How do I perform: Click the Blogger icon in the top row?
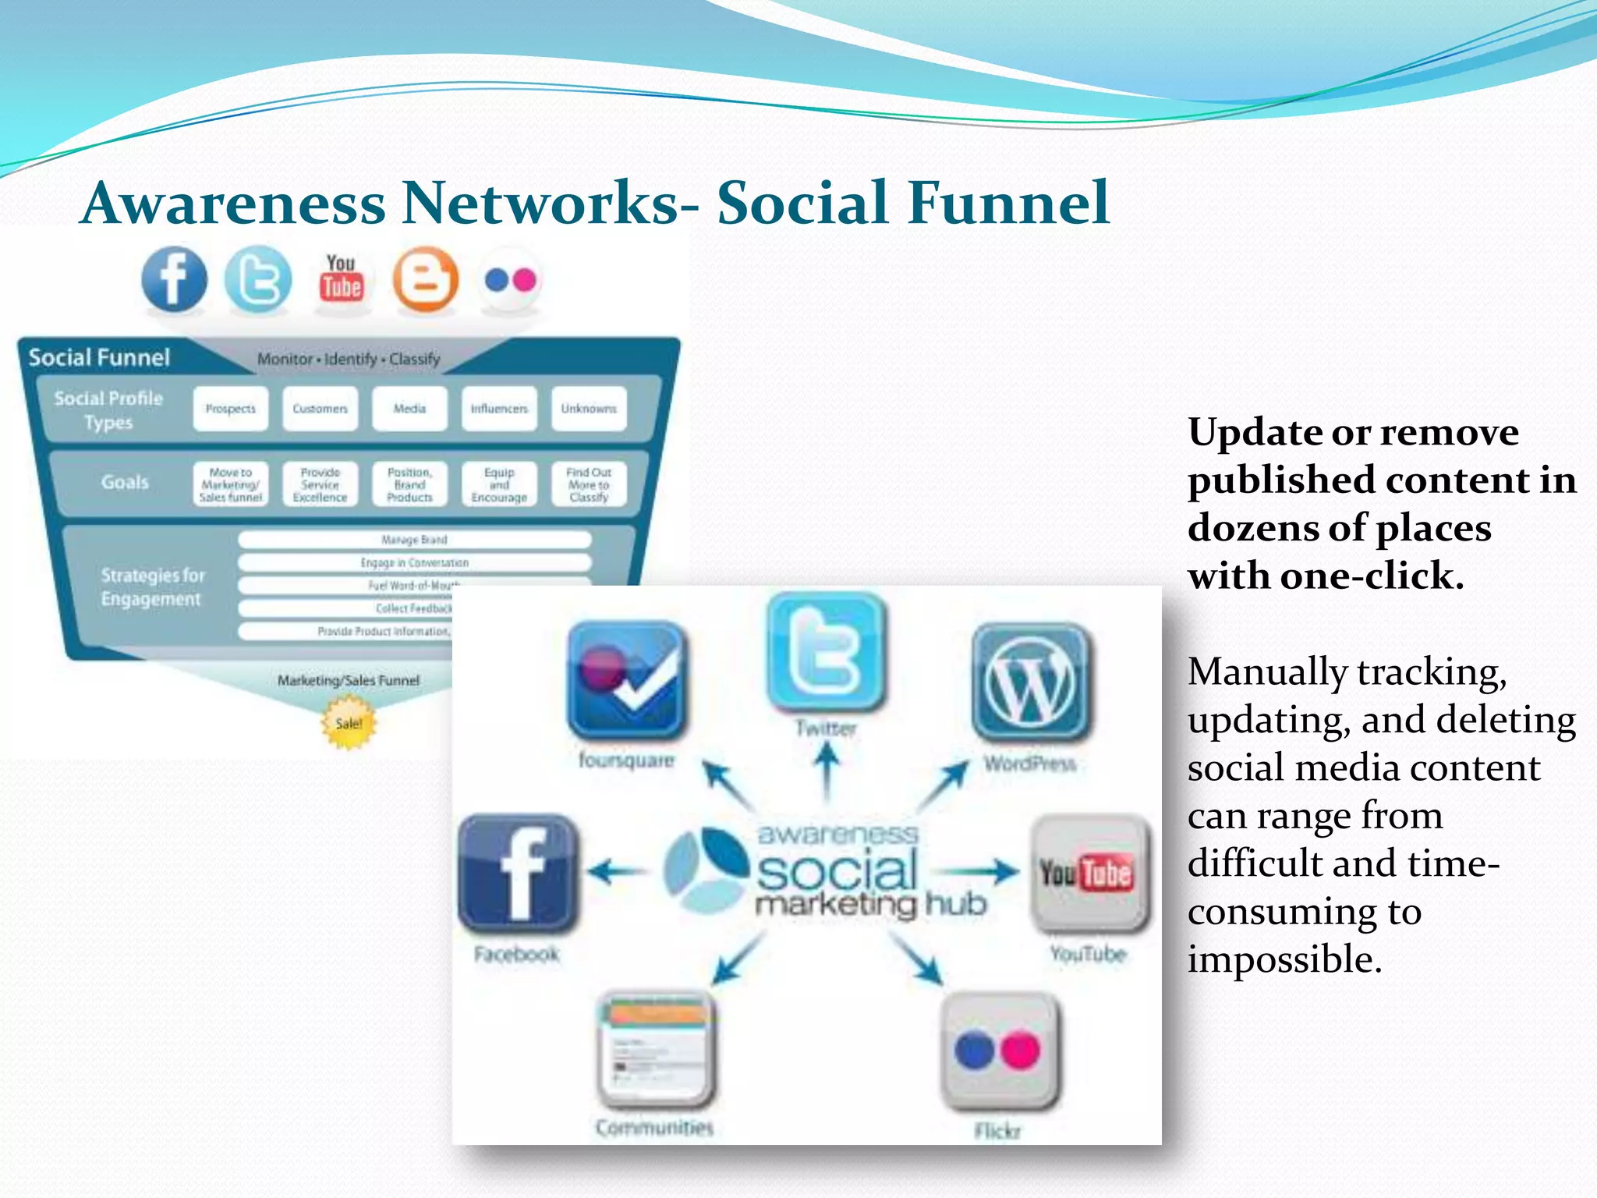tap(425, 279)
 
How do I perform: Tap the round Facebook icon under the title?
tap(175, 279)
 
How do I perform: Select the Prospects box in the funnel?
tap(231, 409)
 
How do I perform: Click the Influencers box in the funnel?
tap(499, 409)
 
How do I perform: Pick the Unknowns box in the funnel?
tap(589, 409)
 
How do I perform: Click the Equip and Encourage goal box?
tap(499, 484)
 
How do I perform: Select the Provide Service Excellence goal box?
tap(320, 484)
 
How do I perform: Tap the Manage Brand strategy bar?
tap(414, 540)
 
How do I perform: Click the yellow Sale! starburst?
tap(349, 723)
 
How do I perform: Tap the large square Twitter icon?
tap(826, 650)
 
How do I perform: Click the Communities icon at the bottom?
tap(655, 1049)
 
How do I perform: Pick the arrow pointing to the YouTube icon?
tap(976, 871)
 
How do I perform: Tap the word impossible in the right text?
tap(1284, 959)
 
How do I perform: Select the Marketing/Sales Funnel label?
tap(349, 680)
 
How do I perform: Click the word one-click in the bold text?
tap(1372, 576)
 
